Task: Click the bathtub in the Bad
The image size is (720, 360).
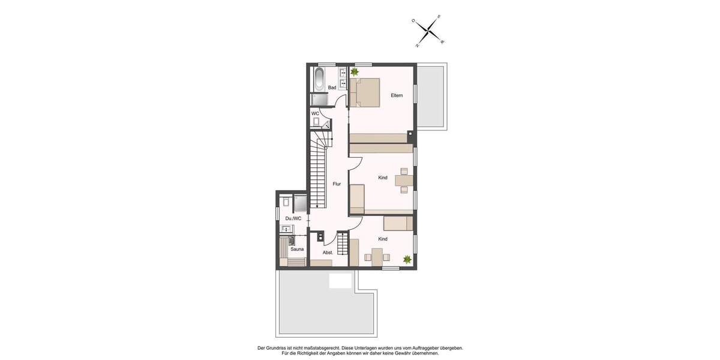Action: (319, 79)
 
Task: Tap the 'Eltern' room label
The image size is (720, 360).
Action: (397, 95)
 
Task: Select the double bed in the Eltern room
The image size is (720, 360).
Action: (365, 92)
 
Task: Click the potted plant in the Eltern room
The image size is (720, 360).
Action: (355, 72)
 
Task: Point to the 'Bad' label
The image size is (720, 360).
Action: (332, 88)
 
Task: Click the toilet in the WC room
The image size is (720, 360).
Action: (316, 121)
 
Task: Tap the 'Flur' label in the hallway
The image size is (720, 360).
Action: (337, 184)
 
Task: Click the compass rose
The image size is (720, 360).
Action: (428, 30)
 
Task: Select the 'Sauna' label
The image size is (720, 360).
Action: (297, 249)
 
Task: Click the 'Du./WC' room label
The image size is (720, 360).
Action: (293, 218)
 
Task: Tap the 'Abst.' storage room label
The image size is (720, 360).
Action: (328, 253)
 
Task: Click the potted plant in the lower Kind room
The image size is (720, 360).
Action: (407, 259)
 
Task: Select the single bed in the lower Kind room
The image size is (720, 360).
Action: (398, 224)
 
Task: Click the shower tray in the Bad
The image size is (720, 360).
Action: (319, 100)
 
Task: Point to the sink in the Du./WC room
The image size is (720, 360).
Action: (287, 229)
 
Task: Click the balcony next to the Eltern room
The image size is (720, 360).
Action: (431, 96)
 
